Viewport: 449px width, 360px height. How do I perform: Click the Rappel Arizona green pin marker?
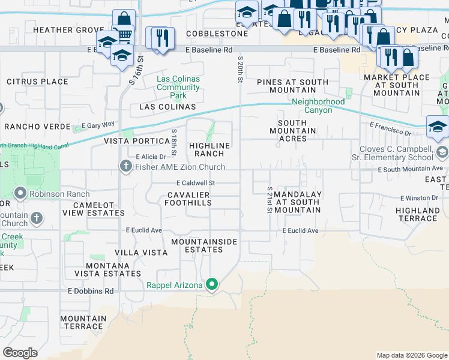point(211,284)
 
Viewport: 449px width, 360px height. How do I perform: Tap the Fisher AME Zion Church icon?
point(125,166)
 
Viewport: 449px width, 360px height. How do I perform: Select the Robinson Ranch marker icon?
point(20,194)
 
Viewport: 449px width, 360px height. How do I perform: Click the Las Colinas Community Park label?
point(178,87)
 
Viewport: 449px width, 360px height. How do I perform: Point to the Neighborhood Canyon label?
point(318,106)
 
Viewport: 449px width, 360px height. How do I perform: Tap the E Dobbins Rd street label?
point(90,291)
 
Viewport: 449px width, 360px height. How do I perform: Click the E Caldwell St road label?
point(195,182)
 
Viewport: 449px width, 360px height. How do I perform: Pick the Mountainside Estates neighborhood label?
point(204,245)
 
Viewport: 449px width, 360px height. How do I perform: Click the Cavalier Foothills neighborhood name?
point(189,199)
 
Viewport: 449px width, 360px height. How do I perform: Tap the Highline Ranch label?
point(209,149)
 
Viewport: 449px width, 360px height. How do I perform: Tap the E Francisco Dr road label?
point(390,128)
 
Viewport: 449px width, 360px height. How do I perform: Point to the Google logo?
point(20,353)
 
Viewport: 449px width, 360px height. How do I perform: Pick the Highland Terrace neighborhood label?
point(417,214)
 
